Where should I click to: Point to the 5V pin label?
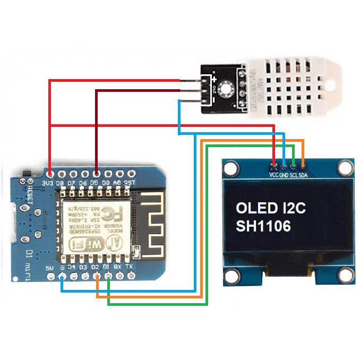pos(50,268)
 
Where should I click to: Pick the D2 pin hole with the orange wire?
pos(97,276)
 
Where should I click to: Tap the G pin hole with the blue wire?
pos(62,276)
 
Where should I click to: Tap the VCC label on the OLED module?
pos(274,175)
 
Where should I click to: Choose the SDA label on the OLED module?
pos(303,175)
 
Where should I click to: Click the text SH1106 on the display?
pos(263,226)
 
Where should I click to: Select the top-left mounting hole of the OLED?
pos(230,169)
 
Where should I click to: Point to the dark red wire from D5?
pos(96,127)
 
